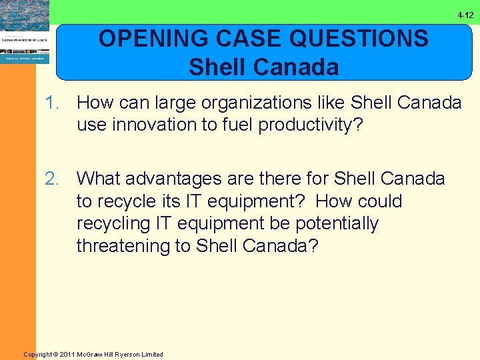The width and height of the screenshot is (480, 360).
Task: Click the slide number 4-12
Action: point(465,15)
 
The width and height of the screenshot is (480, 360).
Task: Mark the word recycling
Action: point(113,223)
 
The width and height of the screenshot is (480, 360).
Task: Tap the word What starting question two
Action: point(99,179)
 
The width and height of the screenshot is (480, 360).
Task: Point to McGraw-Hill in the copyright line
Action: point(99,354)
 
